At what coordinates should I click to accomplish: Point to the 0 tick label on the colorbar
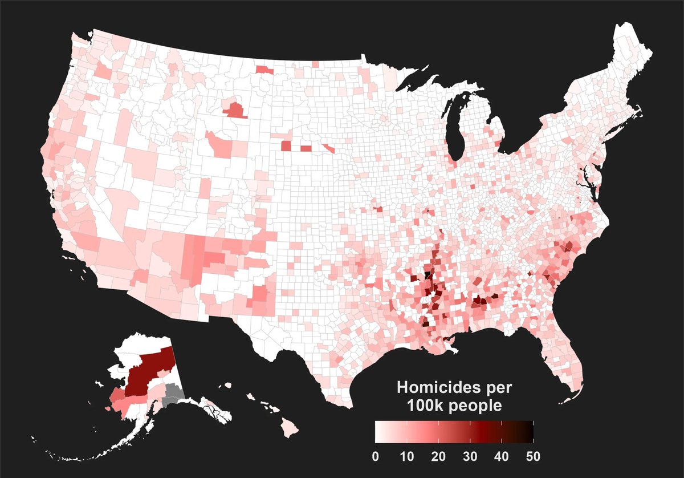pyautogui.click(x=375, y=456)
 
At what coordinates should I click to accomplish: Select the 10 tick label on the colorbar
pyautogui.click(x=406, y=456)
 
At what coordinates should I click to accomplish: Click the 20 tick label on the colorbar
pyautogui.click(x=438, y=456)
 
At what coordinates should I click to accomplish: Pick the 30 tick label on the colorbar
pyautogui.click(x=470, y=456)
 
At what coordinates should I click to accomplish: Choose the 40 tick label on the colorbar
pyautogui.click(x=501, y=456)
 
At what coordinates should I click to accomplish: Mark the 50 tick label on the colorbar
pyautogui.click(x=532, y=456)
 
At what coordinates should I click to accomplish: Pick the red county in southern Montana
pyautogui.click(x=234, y=110)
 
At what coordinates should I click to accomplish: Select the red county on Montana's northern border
pyautogui.click(x=264, y=70)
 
